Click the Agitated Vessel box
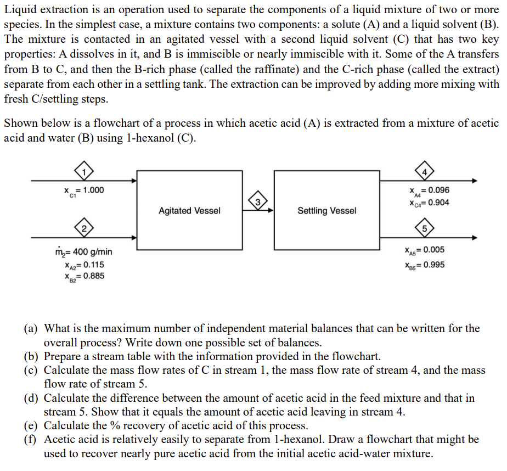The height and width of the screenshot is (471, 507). click(x=189, y=211)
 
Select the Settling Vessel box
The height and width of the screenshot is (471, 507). click(x=326, y=211)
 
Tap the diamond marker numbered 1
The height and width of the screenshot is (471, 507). click(x=84, y=171)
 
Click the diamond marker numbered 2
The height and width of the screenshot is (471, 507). click(x=84, y=228)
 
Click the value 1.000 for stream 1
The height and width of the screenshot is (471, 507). click(x=93, y=190)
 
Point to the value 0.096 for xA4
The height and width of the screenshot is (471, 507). click(x=437, y=190)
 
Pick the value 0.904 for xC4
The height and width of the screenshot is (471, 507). click(x=437, y=203)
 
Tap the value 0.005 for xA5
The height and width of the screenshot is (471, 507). click(x=433, y=250)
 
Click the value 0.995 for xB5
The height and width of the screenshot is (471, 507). click(x=433, y=265)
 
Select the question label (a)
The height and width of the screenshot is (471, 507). click(x=30, y=329)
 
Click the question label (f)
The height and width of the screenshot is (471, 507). click(x=30, y=440)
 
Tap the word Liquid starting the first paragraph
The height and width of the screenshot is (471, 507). click(x=19, y=10)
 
